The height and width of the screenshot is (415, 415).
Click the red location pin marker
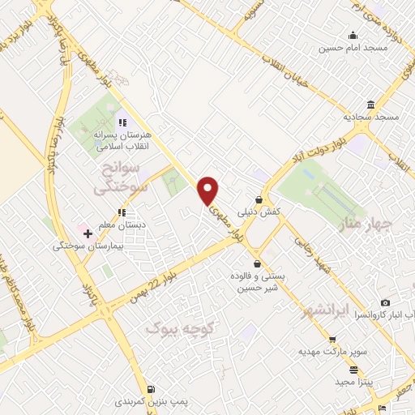point(208,190)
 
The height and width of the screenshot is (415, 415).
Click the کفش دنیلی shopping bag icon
point(259,199)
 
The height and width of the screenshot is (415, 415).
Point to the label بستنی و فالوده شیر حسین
point(258,281)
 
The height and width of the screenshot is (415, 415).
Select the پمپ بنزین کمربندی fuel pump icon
point(154,388)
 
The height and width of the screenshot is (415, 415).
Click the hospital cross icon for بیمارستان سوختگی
point(88,233)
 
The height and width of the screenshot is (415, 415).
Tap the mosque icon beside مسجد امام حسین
point(353,35)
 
